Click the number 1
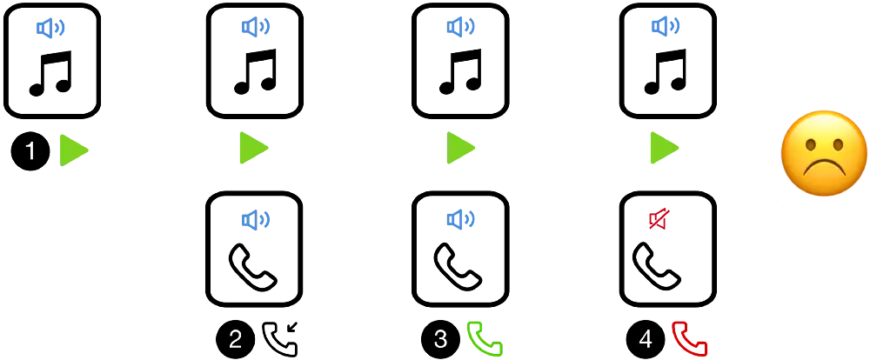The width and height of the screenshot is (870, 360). (x=30, y=151)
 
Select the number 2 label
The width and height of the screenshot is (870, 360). (x=235, y=339)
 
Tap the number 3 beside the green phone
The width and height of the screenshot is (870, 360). (x=440, y=339)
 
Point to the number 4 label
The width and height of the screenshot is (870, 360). (x=645, y=339)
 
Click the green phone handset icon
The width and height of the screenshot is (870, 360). (x=485, y=338)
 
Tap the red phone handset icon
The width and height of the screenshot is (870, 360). (x=689, y=338)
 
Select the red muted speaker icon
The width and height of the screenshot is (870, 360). (x=659, y=218)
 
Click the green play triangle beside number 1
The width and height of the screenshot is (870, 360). (x=72, y=150)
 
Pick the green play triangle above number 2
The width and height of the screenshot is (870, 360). (x=252, y=147)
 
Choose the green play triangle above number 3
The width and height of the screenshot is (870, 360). (x=460, y=147)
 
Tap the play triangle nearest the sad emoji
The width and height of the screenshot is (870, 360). (x=663, y=147)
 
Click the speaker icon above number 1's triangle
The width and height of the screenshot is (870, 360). (x=50, y=28)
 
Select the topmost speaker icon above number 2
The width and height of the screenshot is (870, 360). (x=254, y=27)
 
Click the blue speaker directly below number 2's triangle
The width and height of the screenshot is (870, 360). (x=254, y=220)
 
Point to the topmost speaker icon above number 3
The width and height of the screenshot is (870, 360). (x=460, y=27)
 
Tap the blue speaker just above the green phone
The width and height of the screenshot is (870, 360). (x=460, y=219)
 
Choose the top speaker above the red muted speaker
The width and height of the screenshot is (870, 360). (x=665, y=26)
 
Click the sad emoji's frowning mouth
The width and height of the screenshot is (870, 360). (x=823, y=168)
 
